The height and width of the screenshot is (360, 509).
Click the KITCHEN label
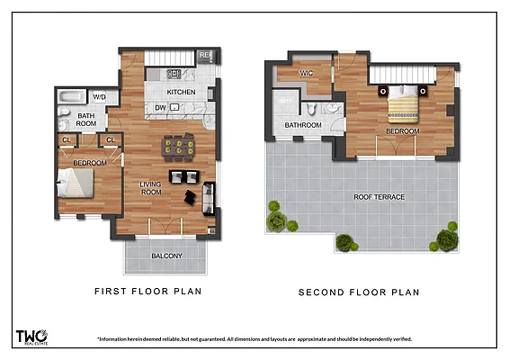(x=181, y=93)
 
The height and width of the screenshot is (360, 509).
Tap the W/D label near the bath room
(x=100, y=96)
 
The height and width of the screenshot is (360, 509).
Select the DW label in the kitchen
(x=160, y=108)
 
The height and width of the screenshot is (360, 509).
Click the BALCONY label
(x=166, y=257)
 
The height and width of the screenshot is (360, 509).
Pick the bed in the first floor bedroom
(x=76, y=184)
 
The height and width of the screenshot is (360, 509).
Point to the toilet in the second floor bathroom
(x=311, y=108)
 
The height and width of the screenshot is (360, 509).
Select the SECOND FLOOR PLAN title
(x=359, y=292)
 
